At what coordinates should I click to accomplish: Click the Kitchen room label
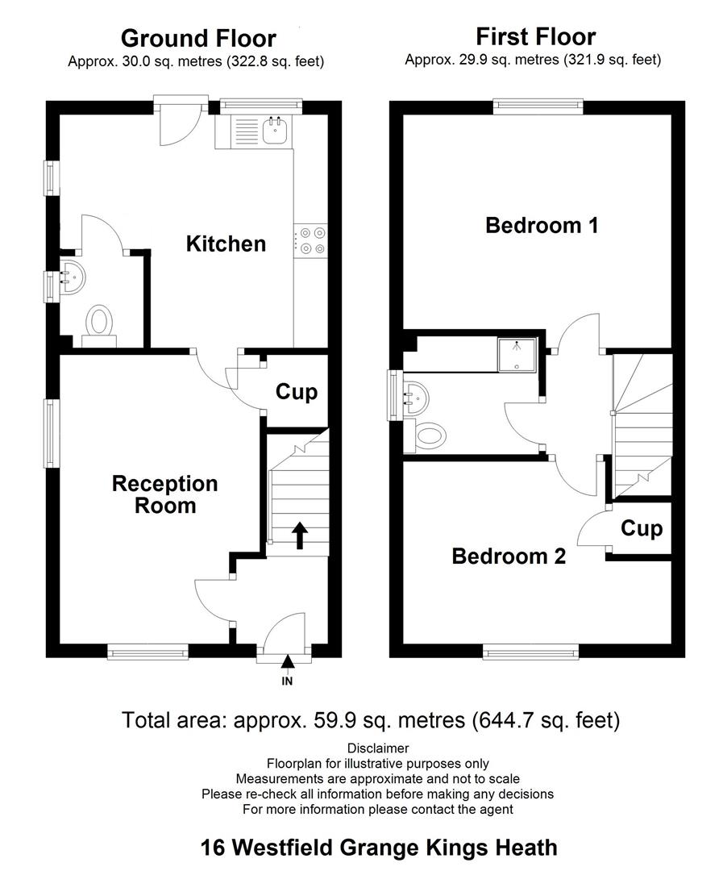point(226,244)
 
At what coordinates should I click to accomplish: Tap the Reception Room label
point(164,494)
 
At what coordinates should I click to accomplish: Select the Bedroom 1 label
point(541,226)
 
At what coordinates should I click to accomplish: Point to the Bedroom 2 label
point(508,556)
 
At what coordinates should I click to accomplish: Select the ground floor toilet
point(100,323)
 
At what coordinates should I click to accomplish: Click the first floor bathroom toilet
point(429,436)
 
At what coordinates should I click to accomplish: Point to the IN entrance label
point(287,682)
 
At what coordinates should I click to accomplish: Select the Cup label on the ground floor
point(297,392)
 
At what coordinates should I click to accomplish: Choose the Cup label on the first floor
point(642,529)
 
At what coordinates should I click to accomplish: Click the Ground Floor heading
point(197,39)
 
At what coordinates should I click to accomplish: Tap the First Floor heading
point(535,37)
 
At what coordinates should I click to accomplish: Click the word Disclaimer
point(377,748)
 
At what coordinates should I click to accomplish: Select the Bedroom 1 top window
point(538,103)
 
